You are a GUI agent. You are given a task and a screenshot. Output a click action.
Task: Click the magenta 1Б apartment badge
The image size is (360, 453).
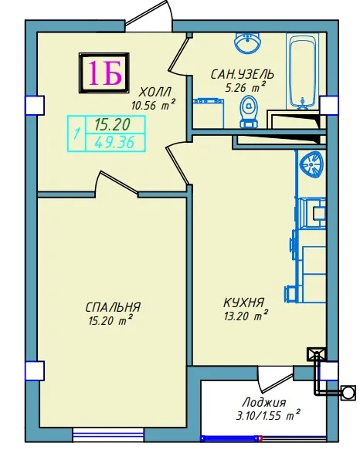tap(104, 73)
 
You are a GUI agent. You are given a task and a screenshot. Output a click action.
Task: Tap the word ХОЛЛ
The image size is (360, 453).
tap(155, 93)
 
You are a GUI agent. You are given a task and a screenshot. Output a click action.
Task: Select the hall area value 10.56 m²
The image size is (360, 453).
tap(153, 105)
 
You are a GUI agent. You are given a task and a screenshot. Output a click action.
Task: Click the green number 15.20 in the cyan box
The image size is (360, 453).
tap(113, 125)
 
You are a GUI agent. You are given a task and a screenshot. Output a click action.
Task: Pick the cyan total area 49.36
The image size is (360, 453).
tap(114, 142)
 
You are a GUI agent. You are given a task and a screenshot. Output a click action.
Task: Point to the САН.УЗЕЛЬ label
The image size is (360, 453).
tap(243, 75)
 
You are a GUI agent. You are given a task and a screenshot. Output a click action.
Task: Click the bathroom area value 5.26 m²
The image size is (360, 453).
tap(245, 87)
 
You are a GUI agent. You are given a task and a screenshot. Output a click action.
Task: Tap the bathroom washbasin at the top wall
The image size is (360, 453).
tap(247, 42)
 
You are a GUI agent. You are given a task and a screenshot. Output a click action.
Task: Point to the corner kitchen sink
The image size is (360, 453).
tap(311, 165)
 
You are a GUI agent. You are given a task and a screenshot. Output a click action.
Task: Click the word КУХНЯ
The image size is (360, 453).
tap(244, 303)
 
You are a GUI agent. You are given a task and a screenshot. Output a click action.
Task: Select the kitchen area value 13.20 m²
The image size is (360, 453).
tap(245, 316)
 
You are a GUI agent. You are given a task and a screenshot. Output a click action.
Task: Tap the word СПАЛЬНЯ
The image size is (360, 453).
tap(113, 307)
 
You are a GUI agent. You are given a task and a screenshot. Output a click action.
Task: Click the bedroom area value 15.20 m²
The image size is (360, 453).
tap(110, 321)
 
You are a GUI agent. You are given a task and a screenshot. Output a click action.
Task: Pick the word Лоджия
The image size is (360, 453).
tap(264, 402)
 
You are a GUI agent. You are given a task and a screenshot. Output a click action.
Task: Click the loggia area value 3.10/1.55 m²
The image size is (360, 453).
tap(267, 416)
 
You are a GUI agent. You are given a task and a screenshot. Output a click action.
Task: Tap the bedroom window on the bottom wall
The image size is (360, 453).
tap(108, 434)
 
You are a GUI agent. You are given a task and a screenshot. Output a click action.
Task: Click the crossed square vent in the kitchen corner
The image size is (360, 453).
tap(316, 355)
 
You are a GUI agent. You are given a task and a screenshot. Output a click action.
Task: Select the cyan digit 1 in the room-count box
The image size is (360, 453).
tap(76, 134)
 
